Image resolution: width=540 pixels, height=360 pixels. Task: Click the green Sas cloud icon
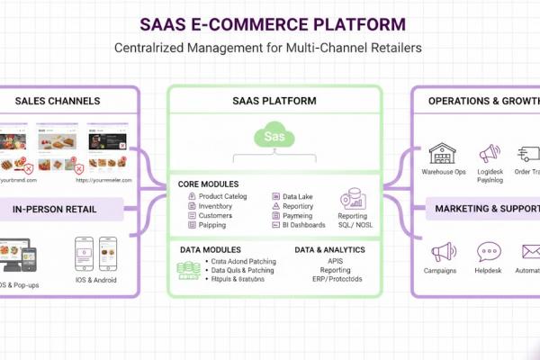pyautogui.click(x=274, y=136)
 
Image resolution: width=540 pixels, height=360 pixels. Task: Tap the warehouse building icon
pyautogui.click(x=442, y=153)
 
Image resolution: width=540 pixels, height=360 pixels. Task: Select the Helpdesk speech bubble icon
pyautogui.click(x=489, y=252)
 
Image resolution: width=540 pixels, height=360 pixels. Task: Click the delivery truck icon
pyautogui.click(x=529, y=153)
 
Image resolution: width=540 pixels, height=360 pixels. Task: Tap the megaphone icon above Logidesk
pyautogui.click(x=489, y=153)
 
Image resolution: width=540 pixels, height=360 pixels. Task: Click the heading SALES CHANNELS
pyautogui.click(x=58, y=101)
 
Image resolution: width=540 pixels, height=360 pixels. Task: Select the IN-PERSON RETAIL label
pyautogui.click(x=55, y=210)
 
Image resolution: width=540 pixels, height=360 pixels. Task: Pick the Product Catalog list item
pyautogui.click(x=222, y=196)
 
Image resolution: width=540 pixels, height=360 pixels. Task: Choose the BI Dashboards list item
pyautogui.click(x=303, y=225)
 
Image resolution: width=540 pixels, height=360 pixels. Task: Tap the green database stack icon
pyautogui.click(x=188, y=267)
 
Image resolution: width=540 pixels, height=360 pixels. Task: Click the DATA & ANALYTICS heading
pyautogui.click(x=329, y=249)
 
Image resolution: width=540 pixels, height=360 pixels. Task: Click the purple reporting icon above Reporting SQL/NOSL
pyautogui.click(x=352, y=200)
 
